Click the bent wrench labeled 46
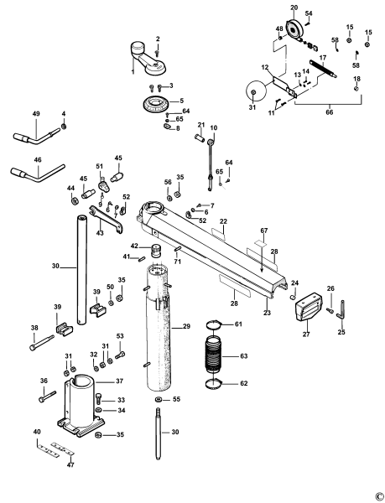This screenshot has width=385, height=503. point(38,171)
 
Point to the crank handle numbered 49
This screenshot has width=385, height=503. point(34,132)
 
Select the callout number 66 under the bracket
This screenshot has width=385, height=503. point(305,110)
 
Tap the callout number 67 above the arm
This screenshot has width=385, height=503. point(263,230)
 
